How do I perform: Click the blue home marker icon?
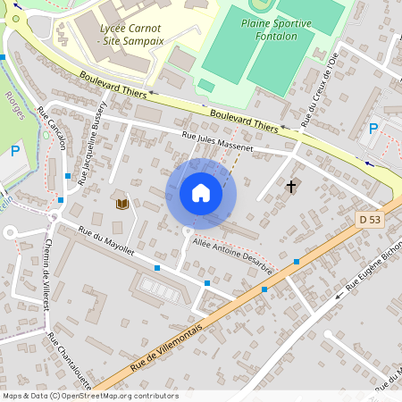201,193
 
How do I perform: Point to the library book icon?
121,204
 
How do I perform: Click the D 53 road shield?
369,219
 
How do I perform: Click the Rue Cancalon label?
51,131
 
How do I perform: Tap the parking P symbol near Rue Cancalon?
15,151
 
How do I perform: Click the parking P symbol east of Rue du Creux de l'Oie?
373,129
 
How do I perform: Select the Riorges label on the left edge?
12,105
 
